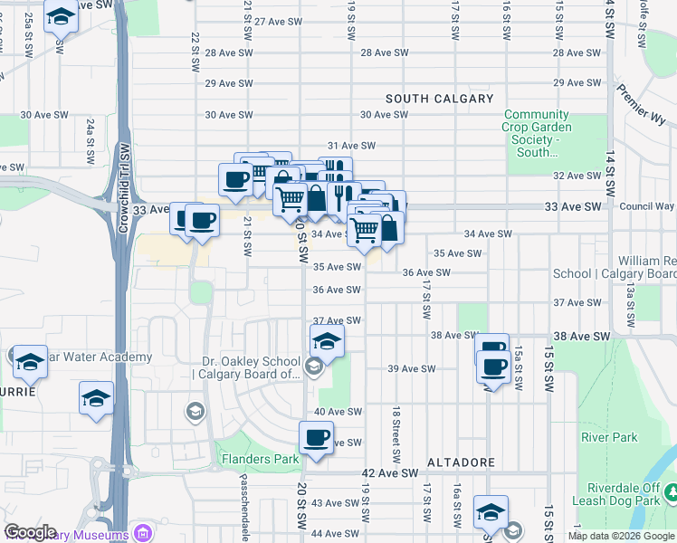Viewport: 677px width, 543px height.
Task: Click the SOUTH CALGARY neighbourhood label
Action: [440, 99]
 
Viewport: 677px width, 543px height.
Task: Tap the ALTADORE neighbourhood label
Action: [461, 462]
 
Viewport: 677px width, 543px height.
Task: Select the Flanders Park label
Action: [261, 459]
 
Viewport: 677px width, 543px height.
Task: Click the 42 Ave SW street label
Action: [390, 473]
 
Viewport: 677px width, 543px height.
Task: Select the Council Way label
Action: [647, 206]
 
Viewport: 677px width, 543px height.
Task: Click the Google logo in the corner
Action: [30, 532]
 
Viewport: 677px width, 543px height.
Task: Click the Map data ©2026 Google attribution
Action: [621, 536]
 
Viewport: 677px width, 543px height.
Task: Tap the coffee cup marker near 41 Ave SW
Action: [316, 438]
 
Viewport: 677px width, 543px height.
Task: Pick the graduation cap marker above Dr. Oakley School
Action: [327, 341]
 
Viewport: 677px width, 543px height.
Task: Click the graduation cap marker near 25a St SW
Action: [61, 16]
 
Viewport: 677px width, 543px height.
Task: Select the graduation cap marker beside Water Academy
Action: [30, 361]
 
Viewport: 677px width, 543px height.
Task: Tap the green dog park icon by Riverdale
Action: [672, 493]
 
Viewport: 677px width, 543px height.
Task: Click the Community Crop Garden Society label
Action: [537, 134]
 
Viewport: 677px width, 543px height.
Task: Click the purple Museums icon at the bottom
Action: [142, 531]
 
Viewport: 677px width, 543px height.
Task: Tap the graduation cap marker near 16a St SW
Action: [491, 511]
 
